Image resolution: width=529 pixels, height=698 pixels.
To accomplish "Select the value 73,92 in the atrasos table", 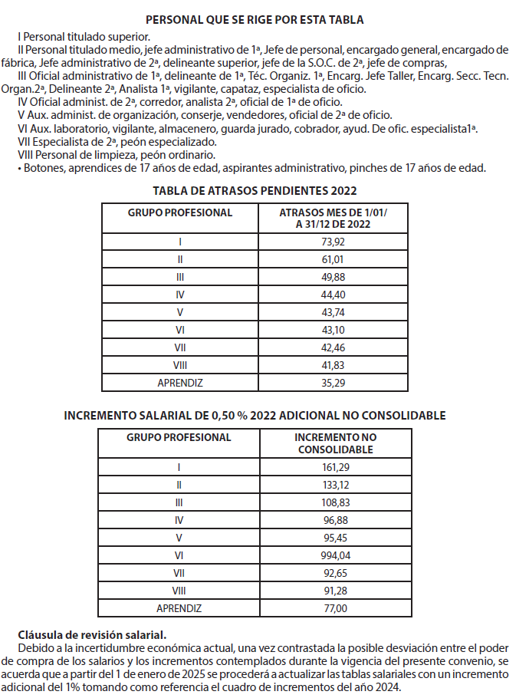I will pyautogui.click(x=333, y=242).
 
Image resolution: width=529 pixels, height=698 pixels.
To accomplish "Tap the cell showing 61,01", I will pyautogui.click(x=333, y=259).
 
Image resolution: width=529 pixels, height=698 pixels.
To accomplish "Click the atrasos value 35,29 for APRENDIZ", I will pyautogui.click(x=333, y=381).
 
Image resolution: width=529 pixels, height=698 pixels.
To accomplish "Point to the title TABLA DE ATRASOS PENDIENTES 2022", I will pyautogui.click(x=255, y=190).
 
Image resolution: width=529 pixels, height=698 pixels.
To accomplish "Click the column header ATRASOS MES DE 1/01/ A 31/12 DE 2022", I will pyautogui.click(x=333, y=218).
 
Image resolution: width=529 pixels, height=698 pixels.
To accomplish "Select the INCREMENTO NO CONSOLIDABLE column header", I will pyautogui.click(x=335, y=443).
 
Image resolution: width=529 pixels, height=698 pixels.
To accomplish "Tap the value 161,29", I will pyautogui.click(x=335, y=467).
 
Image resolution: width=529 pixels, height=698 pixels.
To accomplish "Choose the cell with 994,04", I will pyautogui.click(x=335, y=555).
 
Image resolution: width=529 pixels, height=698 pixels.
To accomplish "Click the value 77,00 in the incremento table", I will pyautogui.click(x=335, y=607).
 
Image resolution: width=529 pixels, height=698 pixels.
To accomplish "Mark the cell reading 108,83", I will pyautogui.click(x=335, y=502).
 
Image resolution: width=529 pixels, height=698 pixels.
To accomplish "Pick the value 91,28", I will pyautogui.click(x=335, y=590).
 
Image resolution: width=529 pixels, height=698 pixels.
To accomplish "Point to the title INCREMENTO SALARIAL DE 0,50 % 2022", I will pyautogui.click(x=255, y=415).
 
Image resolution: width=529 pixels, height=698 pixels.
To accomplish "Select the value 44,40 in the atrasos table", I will pyautogui.click(x=333, y=294).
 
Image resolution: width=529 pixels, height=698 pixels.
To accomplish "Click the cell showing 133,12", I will pyautogui.click(x=335, y=485).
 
